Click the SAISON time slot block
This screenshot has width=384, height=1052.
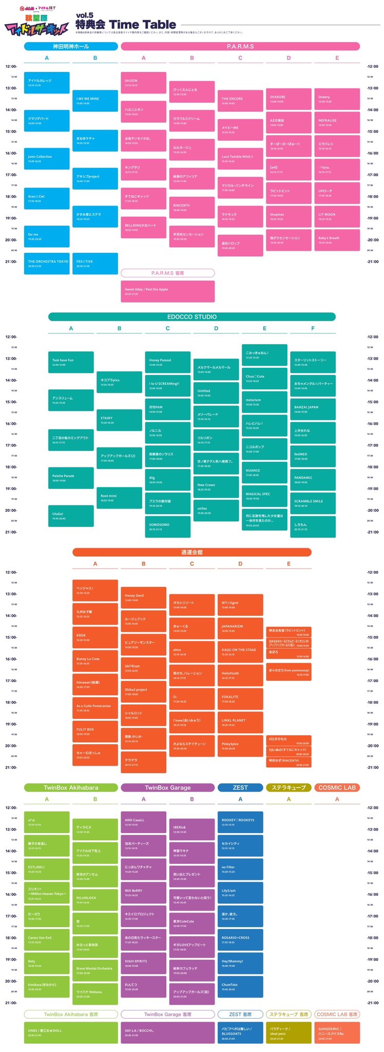coord(143,82)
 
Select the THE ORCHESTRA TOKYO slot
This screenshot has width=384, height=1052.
coord(47,263)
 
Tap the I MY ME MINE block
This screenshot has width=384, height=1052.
coord(95,100)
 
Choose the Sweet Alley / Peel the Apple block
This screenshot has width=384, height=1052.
coord(167,291)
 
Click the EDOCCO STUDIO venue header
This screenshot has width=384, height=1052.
coord(192,316)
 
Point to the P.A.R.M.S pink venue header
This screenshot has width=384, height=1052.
coord(240,46)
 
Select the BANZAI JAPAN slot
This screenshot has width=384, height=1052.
coord(313,409)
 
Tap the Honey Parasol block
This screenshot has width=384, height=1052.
coord(167,362)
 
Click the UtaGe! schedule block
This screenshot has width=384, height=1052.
coord(71,515)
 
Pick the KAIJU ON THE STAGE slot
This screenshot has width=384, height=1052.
coord(240,651)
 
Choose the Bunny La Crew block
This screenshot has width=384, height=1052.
coord(95,660)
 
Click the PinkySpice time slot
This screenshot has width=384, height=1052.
coord(240,745)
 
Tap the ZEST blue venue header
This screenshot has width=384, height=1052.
coord(240,787)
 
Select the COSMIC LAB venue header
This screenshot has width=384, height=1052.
coord(337,787)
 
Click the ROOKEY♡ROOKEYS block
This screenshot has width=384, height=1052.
coord(240,821)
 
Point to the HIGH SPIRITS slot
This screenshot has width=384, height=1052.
coord(143,963)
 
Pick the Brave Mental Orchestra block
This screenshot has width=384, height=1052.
coord(95,970)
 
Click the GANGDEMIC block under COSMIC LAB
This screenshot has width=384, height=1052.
coord(337,1032)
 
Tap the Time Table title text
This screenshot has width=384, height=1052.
coord(142,25)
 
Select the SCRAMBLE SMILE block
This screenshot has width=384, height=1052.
coord(313,503)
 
